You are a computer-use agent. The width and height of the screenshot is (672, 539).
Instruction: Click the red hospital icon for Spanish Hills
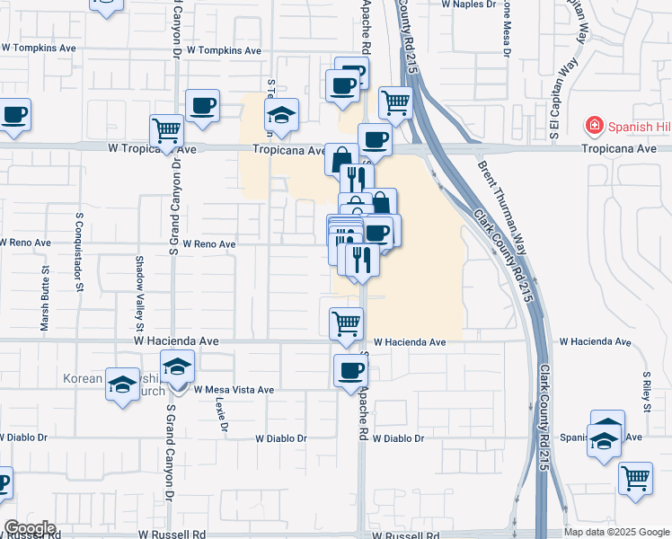[593, 125]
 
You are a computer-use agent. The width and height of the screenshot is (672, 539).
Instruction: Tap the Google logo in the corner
[30, 528]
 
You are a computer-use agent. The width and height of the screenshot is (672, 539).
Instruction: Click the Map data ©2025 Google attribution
[617, 532]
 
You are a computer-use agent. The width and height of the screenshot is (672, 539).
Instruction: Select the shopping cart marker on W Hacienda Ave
[346, 323]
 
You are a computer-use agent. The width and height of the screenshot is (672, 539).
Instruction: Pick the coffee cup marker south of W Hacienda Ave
[350, 370]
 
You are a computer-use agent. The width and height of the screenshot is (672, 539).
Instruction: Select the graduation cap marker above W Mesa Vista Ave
[179, 367]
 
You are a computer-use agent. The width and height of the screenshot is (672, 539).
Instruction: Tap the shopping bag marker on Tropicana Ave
[340, 159]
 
